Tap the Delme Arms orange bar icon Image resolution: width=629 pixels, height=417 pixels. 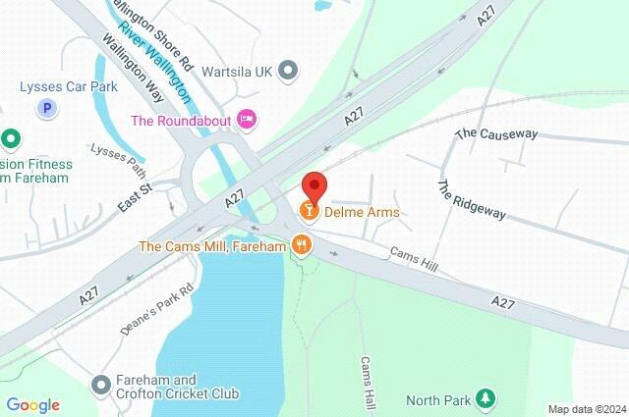click(309, 212)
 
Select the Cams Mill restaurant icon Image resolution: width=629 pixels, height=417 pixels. click(301, 245)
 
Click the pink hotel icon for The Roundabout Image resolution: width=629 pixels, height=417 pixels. click(248, 119)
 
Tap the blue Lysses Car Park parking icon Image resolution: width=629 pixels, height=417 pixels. click(45, 109)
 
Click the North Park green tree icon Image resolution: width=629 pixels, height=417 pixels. click(485, 399)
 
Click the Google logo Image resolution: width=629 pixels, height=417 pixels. click(33, 404)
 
